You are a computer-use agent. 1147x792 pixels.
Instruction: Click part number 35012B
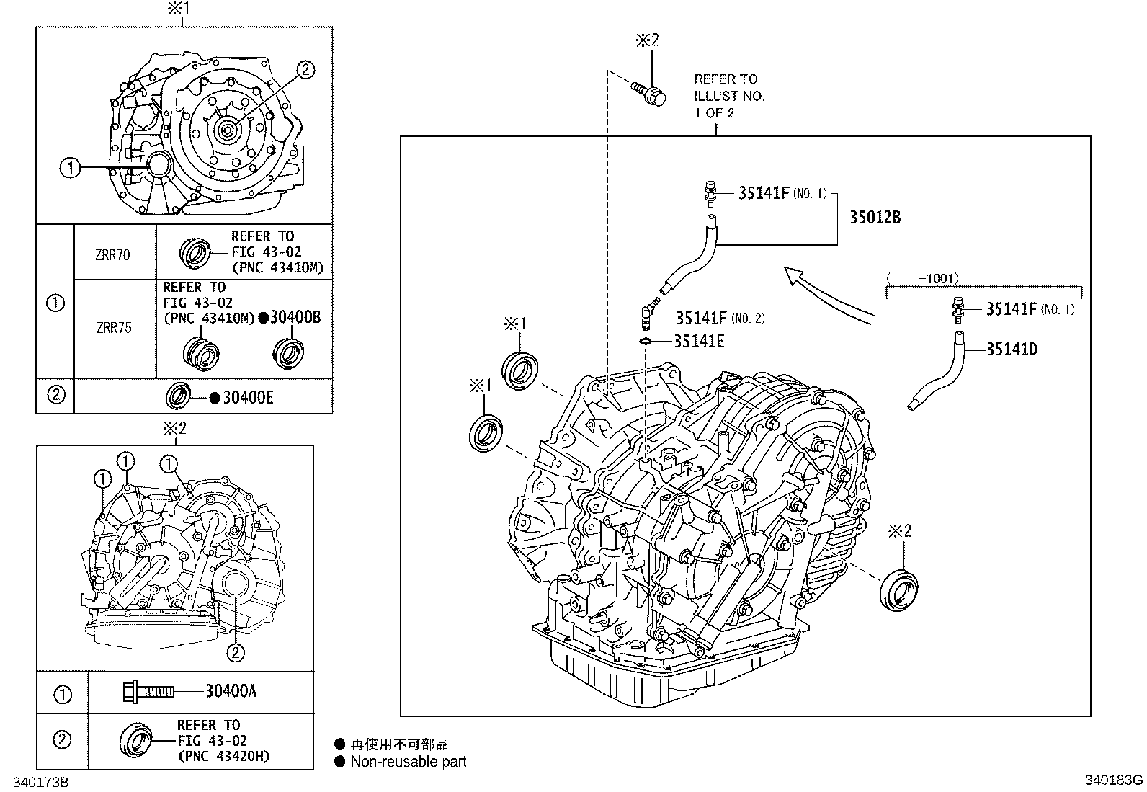875,218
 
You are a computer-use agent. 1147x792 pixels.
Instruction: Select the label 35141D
1012,350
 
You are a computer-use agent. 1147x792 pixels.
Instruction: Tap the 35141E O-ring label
699,341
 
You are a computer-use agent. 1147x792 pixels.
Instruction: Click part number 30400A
231,691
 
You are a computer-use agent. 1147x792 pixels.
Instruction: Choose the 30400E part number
247,398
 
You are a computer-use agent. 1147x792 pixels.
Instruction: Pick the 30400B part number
295,317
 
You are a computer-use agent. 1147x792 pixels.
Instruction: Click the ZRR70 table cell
114,254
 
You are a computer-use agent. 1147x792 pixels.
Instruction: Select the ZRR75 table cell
114,328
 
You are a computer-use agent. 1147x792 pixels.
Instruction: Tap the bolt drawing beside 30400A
148,692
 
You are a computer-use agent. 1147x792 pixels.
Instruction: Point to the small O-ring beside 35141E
646,341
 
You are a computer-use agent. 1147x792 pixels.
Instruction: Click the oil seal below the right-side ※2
899,587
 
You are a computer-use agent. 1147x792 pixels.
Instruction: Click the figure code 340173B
35,781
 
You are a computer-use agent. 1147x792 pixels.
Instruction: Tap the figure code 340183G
1114,780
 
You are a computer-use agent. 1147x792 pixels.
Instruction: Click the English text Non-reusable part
408,761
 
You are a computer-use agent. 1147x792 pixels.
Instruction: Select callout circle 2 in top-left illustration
305,69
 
